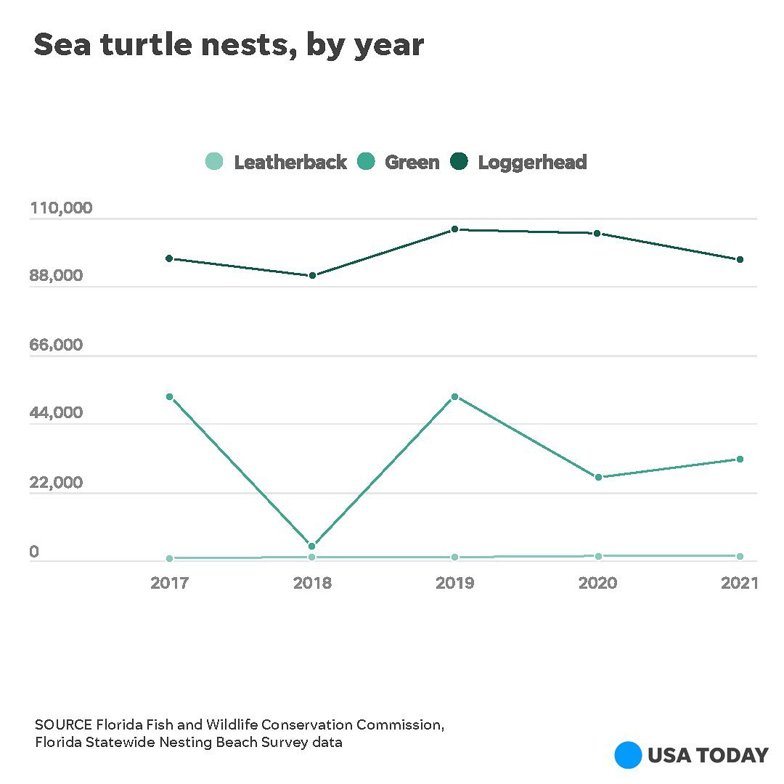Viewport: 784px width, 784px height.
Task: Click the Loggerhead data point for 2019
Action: pyautogui.click(x=454, y=229)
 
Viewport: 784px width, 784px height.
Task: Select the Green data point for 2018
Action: pyautogui.click(x=312, y=546)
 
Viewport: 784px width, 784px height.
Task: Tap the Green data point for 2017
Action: pyautogui.click(x=169, y=397)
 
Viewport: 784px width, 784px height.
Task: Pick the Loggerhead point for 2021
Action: pyautogui.click(x=740, y=259)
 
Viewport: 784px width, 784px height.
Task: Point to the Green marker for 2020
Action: pyautogui.click(x=598, y=477)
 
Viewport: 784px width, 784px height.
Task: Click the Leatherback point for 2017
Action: pyautogui.click(x=169, y=558)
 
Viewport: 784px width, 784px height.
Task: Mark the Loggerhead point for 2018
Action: pyautogui.click(x=312, y=276)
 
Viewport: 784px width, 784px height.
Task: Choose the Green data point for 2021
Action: pyautogui.click(x=740, y=459)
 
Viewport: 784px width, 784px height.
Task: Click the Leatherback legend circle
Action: pyautogui.click(x=214, y=162)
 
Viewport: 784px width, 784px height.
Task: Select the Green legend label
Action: pyautogui.click(x=412, y=163)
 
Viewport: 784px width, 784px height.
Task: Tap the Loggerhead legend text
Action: pyautogui.click(x=532, y=163)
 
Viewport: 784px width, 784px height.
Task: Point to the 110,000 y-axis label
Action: pyautogui.click(x=61, y=208)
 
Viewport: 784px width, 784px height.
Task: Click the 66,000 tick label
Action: pyautogui.click(x=56, y=345)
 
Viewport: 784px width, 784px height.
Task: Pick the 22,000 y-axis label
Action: pyautogui.click(x=56, y=482)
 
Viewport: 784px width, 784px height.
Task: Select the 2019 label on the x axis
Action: pyautogui.click(x=454, y=583)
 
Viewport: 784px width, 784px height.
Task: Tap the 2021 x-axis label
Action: pyautogui.click(x=740, y=583)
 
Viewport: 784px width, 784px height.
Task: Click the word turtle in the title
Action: pyautogui.click(x=149, y=45)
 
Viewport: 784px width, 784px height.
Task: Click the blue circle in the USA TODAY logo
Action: pyautogui.click(x=628, y=755)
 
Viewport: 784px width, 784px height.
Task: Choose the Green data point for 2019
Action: pyautogui.click(x=454, y=397)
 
